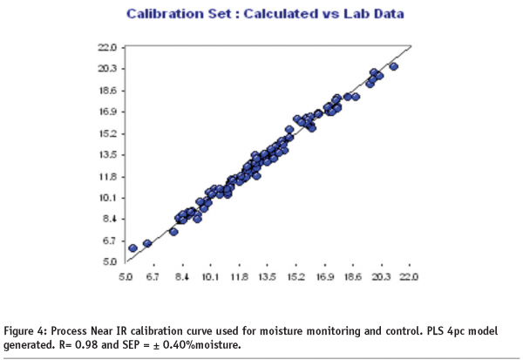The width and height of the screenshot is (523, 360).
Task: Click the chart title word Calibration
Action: coord(160,15)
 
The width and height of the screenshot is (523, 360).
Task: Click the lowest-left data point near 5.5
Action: coord(132,248)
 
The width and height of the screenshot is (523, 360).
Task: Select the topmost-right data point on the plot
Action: coord(393,66)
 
